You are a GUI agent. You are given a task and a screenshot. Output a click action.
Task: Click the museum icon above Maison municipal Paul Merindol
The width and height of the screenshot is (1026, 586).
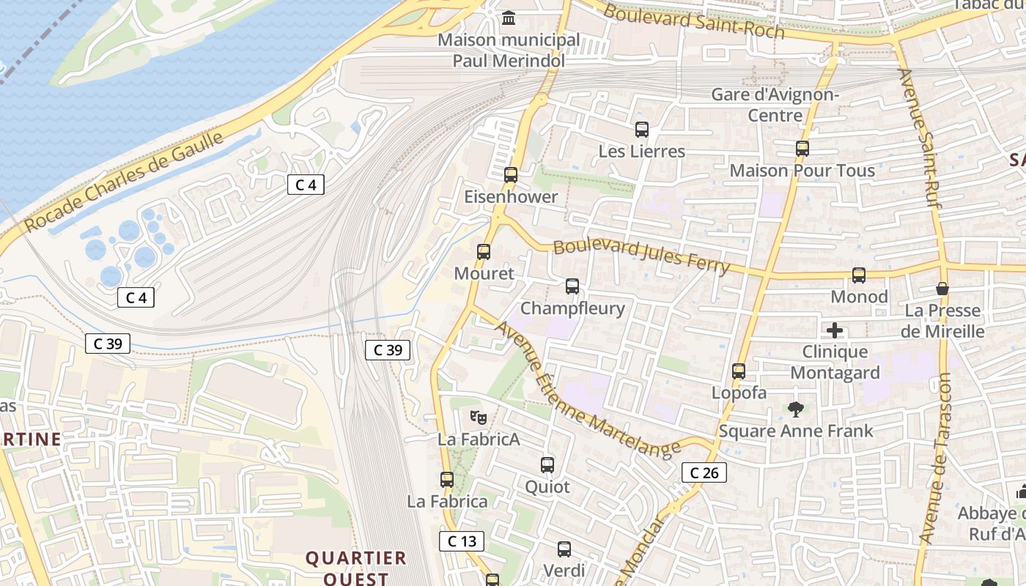point(508,18)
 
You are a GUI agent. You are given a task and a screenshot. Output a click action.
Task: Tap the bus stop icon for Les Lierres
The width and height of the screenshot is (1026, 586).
point(642,130)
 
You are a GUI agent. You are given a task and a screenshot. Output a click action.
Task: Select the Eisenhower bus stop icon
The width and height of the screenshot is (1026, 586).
point(511,175)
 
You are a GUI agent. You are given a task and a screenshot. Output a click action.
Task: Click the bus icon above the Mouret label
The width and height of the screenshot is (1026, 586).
point(484,252)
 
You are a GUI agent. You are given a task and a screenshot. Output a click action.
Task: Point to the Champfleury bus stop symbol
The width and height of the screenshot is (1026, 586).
point(572,286)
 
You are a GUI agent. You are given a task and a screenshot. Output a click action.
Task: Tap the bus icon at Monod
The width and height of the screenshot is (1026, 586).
point(859,275)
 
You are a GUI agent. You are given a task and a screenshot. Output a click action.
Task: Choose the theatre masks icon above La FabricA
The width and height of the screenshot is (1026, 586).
point(479,418)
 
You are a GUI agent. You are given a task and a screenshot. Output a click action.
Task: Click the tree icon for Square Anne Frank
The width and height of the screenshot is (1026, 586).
point(796,409)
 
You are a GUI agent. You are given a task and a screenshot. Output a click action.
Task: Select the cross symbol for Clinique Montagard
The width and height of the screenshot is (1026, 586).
point(834,330)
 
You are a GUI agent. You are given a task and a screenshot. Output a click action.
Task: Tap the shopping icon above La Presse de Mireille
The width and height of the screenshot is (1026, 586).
point(942,289)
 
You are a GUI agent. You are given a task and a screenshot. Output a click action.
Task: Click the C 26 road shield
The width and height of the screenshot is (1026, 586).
point(705,472)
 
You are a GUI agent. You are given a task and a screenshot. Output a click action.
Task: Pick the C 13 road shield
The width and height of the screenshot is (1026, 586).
point(462,541)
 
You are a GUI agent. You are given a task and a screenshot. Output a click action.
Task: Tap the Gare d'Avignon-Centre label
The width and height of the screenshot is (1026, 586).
point(775,105)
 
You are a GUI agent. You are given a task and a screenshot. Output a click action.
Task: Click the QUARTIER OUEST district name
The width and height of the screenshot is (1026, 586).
point(356,568)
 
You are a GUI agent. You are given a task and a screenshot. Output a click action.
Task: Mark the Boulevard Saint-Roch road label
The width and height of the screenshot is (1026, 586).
point(693,22)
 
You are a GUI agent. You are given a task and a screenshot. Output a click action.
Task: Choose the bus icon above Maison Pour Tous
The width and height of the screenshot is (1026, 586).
point(802,149)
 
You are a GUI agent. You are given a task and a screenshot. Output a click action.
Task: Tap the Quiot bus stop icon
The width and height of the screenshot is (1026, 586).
point(547,465)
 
